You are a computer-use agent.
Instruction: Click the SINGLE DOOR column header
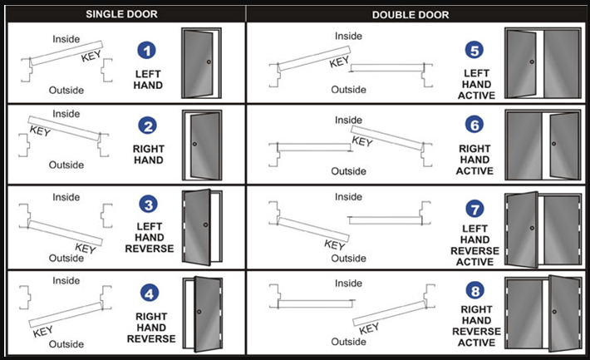click(124, 13)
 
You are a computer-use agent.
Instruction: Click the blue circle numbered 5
click(475, 52)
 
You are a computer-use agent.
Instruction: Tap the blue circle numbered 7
click(475, 205)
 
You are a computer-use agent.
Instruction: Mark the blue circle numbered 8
click(475, 290)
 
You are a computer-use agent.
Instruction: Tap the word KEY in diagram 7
click(334, 244)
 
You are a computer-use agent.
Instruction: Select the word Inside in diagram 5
click(347, 37)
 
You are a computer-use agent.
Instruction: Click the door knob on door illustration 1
click(209, 63)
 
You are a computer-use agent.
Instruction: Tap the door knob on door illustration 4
click(199, 311)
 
